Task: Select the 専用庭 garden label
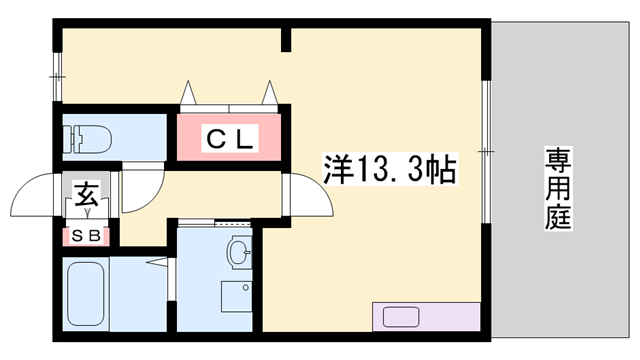click(558, 189)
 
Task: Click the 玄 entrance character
click(86, 194)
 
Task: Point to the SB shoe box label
click(86, 237)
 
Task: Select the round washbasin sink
click(239, 251)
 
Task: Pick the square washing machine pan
click(236, 299)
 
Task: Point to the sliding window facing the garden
click(487, 150)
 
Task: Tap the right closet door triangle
click(270, 92)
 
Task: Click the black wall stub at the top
click(286, 40)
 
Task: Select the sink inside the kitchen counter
click(401, 317)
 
